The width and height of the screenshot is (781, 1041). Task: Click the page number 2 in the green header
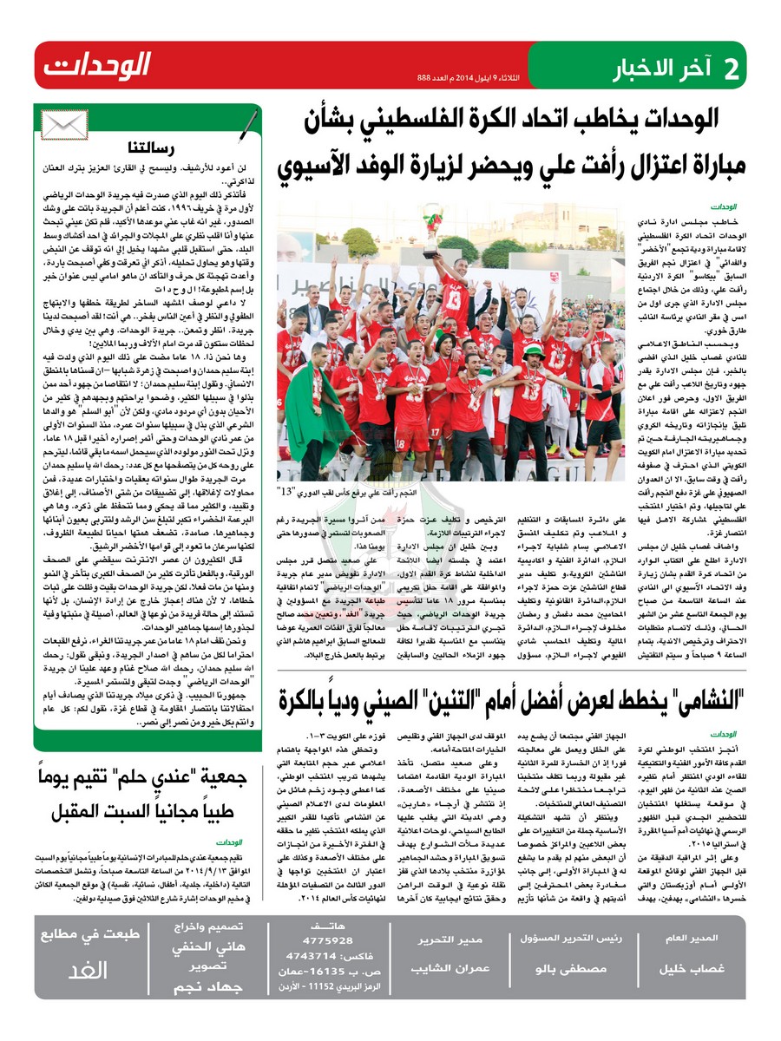point(732,68)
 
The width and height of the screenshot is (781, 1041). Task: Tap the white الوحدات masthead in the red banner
point(97,65)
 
